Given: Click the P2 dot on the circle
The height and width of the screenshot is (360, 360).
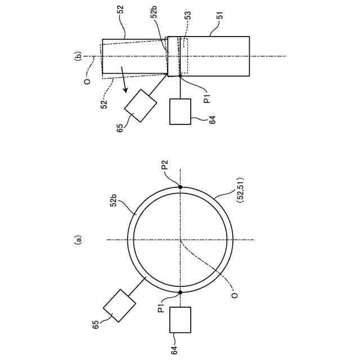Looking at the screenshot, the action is pos(181,187).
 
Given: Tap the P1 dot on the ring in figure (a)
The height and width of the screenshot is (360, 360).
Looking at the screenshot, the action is pos(181,292).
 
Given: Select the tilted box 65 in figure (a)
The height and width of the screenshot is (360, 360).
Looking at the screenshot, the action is pos(120,305).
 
